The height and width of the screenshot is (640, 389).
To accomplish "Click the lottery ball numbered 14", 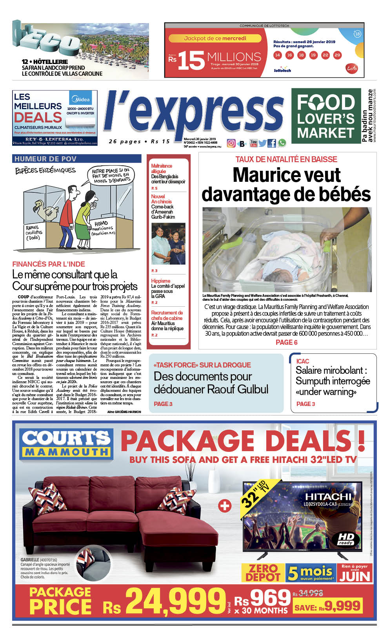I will (278, 55).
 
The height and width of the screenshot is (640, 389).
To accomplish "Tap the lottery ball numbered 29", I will (337, 55).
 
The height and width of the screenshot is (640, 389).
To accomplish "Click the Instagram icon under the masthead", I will (231, 143).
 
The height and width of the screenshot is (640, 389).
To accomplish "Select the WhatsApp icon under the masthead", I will (282, 143).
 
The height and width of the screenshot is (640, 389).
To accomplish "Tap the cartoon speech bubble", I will (111, 176).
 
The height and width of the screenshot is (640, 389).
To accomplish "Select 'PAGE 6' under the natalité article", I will (286, 342).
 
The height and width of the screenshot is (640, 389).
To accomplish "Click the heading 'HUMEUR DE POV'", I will (45, 159).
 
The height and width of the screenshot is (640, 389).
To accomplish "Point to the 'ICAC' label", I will (303, 361).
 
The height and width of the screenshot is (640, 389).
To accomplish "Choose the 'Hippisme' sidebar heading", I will (161, 281).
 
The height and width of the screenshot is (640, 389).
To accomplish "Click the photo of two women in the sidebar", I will (168, 244).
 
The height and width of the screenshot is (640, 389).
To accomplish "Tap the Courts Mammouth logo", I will (66, 444).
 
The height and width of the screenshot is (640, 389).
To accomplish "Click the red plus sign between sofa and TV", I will (225, 506).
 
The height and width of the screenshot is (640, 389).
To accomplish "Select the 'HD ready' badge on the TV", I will (346, 539).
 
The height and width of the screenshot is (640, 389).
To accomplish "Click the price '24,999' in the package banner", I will (175, 601).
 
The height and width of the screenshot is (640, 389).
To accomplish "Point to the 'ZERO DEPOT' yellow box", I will (263, 573).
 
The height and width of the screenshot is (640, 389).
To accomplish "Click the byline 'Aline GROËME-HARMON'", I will (124, 412).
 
